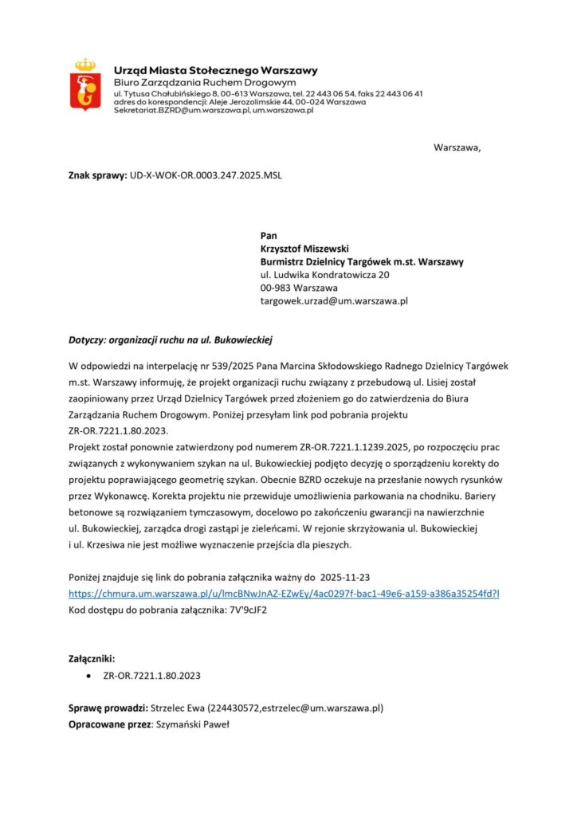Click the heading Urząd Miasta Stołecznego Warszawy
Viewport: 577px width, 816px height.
pos(216,71)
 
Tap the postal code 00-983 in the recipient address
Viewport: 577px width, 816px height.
pos(276,288)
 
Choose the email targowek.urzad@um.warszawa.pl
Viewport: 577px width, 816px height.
pos(334,301)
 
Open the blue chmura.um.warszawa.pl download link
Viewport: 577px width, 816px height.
pos(284,594)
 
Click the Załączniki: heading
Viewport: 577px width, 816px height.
pos(92,659)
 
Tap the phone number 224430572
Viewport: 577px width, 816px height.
pos(234,708)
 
